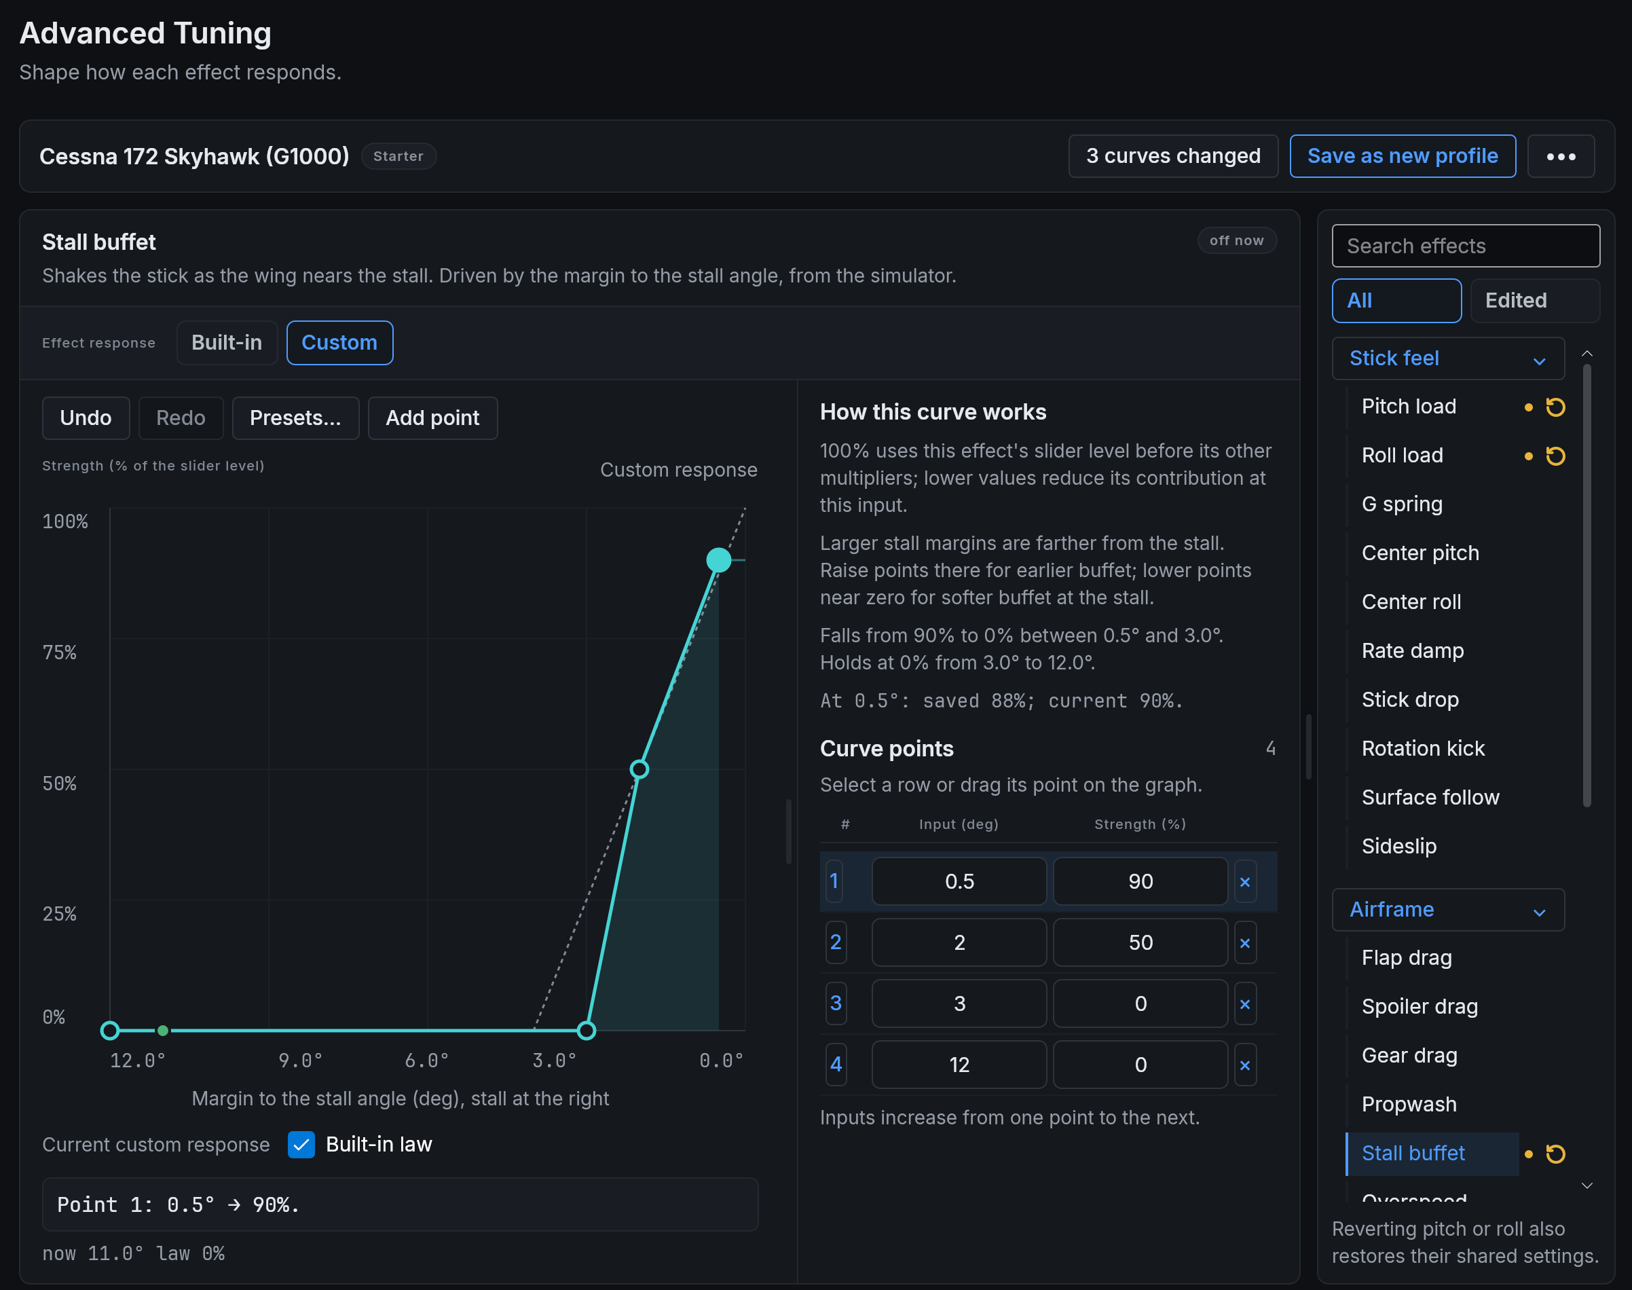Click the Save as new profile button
1403,156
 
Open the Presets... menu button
295,418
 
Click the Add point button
432,418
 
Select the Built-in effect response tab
227,343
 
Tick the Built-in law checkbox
301,1144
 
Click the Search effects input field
1466,246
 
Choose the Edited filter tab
1534,301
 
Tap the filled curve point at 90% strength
718,559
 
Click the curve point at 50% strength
639,769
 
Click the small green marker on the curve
163,1030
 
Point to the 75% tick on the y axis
60,652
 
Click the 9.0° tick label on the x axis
301,1061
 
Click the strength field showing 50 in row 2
1140,942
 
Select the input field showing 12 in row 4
959,1065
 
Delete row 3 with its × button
1245,1003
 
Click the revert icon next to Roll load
1556,456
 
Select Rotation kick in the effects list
1423,748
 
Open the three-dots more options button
1561,156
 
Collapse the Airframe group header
1448,909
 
